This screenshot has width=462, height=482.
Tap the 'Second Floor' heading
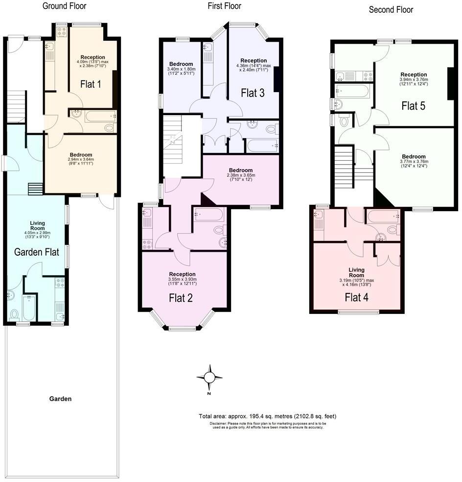point(391,9)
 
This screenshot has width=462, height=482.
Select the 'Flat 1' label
point(91,84)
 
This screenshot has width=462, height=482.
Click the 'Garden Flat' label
point(37,252)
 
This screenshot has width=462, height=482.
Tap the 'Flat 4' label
point(356,297)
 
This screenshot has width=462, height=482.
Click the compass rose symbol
point(209,377)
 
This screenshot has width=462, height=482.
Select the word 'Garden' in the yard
point(60,399)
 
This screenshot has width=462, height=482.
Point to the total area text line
point(267,416)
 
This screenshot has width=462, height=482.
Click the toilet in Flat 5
point(345,120)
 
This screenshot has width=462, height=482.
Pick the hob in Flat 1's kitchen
point(62,31)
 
